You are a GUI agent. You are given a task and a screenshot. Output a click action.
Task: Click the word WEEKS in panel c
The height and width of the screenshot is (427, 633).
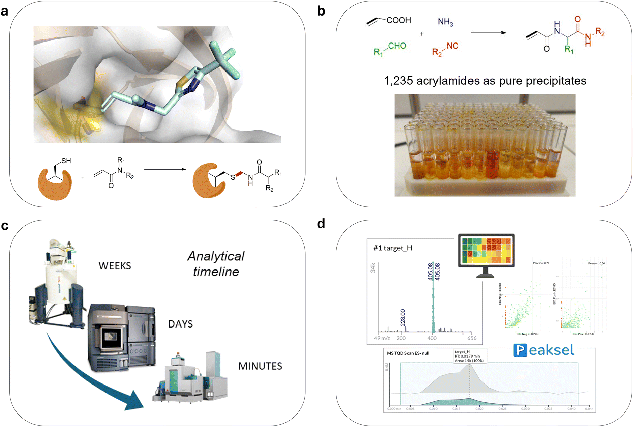click(x=115, y=266)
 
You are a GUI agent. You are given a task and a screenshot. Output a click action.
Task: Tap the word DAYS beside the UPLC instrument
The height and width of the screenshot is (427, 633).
click(x=180, y=324)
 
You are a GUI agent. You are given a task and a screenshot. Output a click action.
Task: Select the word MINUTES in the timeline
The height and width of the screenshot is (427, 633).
click(x=260, y=366)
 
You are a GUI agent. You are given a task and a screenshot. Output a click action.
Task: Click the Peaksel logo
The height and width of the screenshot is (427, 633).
click(x=543, y=350)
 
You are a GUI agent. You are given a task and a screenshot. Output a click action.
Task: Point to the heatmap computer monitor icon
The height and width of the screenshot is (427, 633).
click(x=486, y=251)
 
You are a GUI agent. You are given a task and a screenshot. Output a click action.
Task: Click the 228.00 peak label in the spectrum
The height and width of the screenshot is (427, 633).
click(x=402, y=317)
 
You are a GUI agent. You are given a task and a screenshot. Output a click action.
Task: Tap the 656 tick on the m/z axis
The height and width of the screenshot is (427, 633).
click(x=472, y=338)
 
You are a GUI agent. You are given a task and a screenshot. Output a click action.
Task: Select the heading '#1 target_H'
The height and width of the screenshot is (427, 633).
click(x=392, y=248)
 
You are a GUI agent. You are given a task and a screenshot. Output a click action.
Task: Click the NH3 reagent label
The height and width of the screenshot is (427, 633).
click(x=445, y=22)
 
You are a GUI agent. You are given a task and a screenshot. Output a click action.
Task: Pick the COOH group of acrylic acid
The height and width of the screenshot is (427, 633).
click(x=398, y=20)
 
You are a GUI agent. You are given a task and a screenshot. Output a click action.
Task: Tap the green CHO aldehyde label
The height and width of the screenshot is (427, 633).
click(x=397, y=46)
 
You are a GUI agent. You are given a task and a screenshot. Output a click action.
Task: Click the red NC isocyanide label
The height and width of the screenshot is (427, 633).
click(x=452, y=46)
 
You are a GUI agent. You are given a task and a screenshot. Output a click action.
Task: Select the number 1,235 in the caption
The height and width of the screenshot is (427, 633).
click(x=398, y=81)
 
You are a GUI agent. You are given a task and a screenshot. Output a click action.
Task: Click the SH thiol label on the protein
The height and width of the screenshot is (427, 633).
click(x=66, y=161)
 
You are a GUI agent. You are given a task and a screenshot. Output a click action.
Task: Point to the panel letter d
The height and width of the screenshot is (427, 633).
click(x=321, y=224)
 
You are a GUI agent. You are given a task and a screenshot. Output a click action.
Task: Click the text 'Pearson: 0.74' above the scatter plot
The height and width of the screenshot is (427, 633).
click(x=541, y=263)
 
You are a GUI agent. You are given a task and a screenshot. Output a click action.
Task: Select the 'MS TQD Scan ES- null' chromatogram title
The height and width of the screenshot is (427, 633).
click(x=408, y=353)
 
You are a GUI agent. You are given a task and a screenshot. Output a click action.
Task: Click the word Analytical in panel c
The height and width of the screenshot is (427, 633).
click(x=216, y=256)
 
